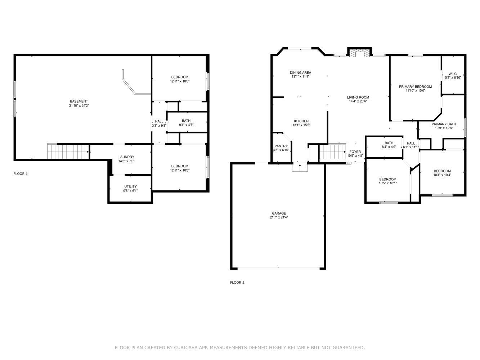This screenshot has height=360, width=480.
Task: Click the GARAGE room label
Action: click(x=279, y=213)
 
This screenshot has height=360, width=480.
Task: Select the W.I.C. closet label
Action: click(x=453, y=74)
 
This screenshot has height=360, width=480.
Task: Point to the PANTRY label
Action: click(x=281, y=146)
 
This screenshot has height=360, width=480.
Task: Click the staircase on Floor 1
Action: click(x=68, y=152)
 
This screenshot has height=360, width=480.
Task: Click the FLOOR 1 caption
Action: click(x=21, y=174)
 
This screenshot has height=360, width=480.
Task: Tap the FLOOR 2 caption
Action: click(x=237, y=283)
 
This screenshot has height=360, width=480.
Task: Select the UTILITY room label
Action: click(x=131, y=186)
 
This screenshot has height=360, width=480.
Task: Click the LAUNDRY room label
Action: click(x=126, y=157)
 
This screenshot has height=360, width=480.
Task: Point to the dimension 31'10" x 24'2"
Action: click(x=79, y=105)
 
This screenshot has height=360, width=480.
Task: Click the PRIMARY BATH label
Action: click(x=444, y=124)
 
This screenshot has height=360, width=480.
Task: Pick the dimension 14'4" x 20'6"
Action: click(x=358, y=102)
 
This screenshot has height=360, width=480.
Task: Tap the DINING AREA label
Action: click(x=300, y=73)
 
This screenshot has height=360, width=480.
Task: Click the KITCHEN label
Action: click(x=301, y=121)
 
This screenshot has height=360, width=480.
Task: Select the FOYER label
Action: click(x=355, y=152)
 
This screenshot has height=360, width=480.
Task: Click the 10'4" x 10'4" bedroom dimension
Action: click(x=442, y=175)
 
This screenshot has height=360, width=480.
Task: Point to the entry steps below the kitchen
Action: click(x=300, y=168)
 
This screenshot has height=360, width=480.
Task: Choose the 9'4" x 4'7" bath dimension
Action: click(x=186, y=125)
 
